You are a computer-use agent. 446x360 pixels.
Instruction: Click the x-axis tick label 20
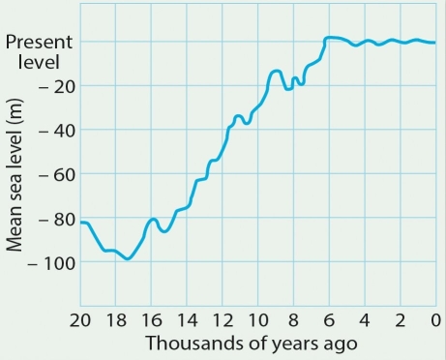click(80, 320)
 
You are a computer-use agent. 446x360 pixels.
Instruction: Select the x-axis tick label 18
click(115, 320)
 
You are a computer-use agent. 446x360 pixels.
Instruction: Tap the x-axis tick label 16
click(151, 320)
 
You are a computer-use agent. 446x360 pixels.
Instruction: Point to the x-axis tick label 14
click(187, 320)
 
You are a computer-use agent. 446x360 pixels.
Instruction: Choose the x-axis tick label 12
click(223, 320)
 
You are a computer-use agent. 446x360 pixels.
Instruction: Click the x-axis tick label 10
click(258, 320)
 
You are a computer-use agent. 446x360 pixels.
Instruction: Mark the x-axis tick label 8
click(294, 320)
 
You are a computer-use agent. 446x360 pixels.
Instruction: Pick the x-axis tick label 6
click(329, 320)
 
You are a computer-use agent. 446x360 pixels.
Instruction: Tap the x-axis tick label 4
click(365, 320)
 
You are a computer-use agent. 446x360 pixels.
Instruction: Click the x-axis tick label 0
click(435, 320)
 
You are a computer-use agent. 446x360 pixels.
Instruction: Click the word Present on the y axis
click(39, 43)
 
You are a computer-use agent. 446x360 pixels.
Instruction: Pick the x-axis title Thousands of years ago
click(252, 344)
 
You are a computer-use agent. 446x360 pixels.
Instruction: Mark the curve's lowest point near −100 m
click(127, 258)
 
